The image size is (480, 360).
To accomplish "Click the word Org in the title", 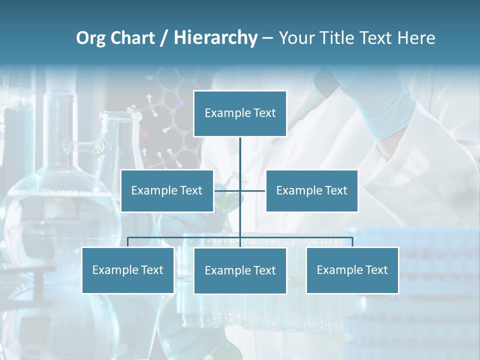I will coord(90,38).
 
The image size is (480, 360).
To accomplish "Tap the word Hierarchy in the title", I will coord(215,38).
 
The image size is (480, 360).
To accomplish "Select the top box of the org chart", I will coord(240,113).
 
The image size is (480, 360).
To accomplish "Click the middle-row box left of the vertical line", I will coord(167,190).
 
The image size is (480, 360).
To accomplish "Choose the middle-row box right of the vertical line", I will coord(311,190).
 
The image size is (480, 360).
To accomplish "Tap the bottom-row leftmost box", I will coord(127,270).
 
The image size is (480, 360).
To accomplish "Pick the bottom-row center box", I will coord(240,270).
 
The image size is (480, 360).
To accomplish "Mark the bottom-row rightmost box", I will coord(352,270).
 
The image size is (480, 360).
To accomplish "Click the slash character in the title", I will coord(164,38).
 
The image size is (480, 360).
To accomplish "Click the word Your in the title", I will coord(298,38).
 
